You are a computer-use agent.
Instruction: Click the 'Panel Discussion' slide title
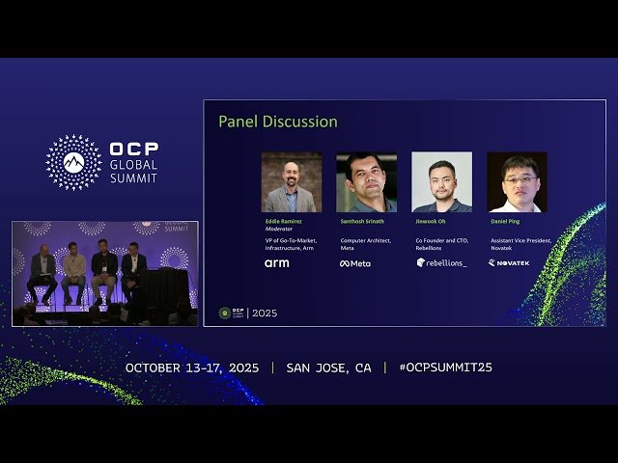(277, 122)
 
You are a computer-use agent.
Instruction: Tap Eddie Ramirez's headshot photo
(291, 182)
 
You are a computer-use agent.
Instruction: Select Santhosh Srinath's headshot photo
(366, 182)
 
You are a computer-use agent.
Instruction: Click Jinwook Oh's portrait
(441, 182)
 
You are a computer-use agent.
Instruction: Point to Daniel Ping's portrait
(517, 182)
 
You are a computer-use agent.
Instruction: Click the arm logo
(276, 262)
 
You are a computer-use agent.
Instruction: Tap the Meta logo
(354, 263)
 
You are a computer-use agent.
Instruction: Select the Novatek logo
(509, 262)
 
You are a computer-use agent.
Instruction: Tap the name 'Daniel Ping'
(506, 221)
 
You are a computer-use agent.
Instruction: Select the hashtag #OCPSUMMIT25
(445, 368)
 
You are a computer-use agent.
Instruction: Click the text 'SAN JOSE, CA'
(328, 368)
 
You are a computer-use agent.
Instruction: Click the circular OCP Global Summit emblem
(73, 162)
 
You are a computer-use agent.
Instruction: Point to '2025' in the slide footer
(265, 313)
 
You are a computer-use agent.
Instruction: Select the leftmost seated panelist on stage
(42, 274)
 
